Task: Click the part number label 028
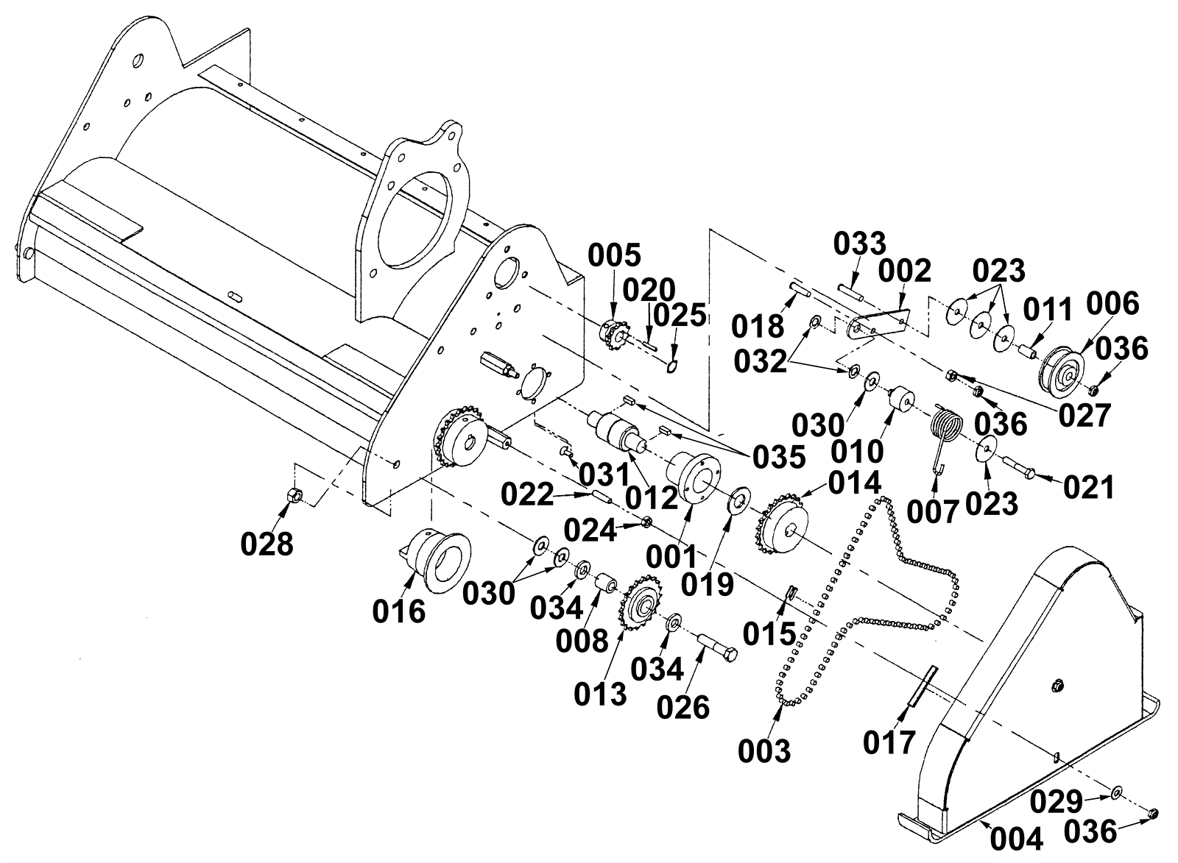click(267, 544)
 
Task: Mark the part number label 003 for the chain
click(764, 752)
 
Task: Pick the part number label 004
click(1016, 838)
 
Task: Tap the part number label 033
click(860, 244)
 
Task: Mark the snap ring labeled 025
click(671, 366)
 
